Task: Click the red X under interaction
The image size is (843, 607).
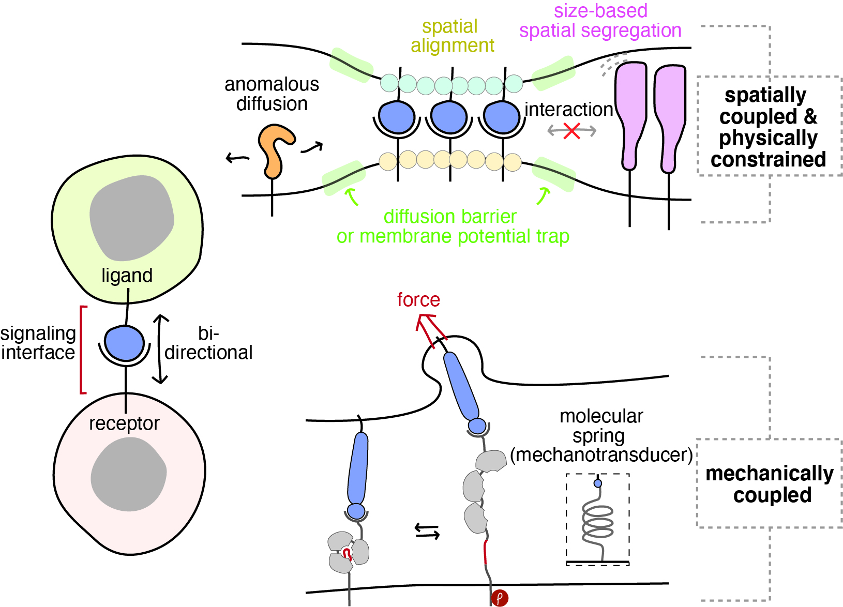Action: (571, 131)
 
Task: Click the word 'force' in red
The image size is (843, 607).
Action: (418, 300)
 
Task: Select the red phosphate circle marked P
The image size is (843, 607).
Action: (500, 598)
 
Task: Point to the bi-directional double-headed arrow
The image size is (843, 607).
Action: (160, 349)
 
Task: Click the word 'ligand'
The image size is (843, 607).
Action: (127, 276)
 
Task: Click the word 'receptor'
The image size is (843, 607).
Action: (124, 423)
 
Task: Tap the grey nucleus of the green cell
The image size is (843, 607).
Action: (131, 218)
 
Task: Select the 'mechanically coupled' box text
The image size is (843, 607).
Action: (770, 484)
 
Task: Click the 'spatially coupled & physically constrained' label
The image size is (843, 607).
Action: (768, 127)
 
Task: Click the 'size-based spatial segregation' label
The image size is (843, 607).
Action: (600, 21)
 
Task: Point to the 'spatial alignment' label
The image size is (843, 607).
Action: (452, 36)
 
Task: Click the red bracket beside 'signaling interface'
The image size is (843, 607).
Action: (82, 350)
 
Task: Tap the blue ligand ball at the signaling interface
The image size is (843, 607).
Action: (124, 343)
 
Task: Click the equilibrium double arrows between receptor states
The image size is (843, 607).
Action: (427, 531)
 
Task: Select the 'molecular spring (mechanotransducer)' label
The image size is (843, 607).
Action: (601, 435)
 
